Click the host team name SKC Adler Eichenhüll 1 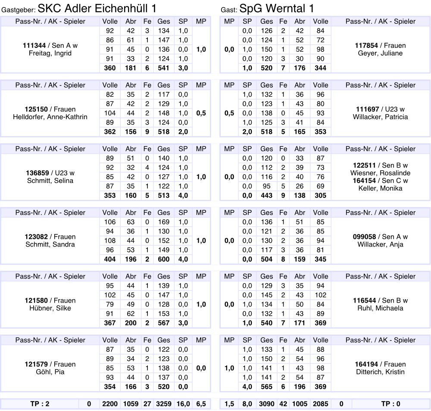97,8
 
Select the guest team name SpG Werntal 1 276,8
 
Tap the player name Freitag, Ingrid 50,54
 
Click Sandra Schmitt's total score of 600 164,259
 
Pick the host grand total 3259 164,404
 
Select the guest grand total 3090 267,404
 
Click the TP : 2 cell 40,404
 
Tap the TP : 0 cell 391,404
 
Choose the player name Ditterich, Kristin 380,372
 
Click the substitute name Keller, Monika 380,188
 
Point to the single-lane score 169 164,222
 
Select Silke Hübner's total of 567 164,323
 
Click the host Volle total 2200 110,404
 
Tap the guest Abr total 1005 300,404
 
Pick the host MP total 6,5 201,404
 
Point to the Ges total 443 267,196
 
